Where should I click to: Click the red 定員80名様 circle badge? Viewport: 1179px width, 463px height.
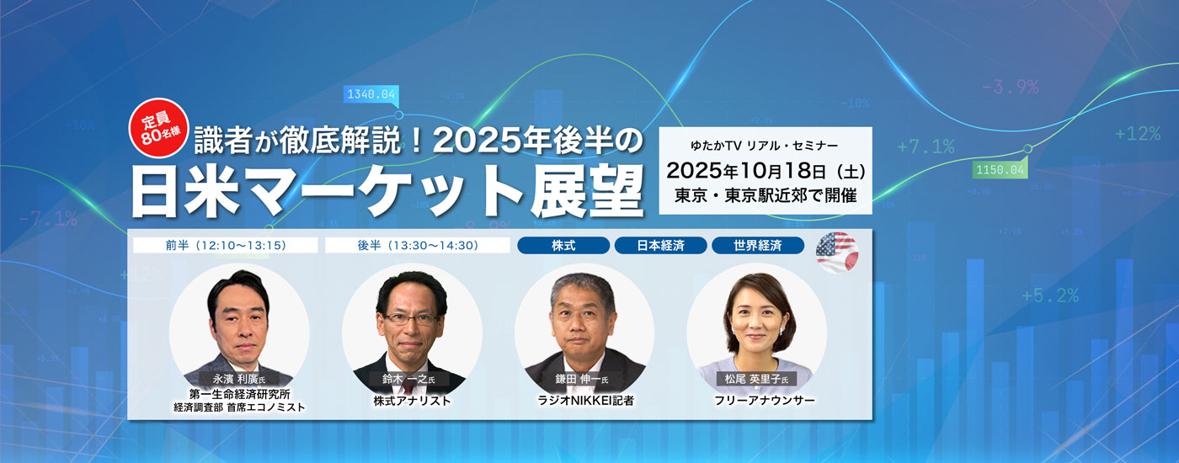158,128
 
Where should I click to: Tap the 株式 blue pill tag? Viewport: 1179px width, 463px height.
563,245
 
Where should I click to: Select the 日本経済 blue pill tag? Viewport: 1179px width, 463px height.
660,245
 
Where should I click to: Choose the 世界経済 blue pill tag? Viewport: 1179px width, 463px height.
758,245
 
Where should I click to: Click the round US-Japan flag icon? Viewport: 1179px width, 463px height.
837,252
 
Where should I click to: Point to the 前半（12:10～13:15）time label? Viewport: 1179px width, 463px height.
226,245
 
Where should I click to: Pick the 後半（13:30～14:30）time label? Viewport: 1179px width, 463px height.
418,245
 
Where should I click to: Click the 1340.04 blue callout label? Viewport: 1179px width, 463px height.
371,94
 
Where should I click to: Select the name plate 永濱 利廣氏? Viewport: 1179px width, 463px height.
239,379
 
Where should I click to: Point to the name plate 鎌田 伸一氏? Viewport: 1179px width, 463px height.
582,379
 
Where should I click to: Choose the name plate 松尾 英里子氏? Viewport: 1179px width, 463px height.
756,379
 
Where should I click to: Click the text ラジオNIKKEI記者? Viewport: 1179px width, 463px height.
585,401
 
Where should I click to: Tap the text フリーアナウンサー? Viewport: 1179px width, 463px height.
765,401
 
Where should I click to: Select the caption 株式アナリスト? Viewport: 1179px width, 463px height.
412,401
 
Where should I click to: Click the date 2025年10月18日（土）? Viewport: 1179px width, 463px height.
766,170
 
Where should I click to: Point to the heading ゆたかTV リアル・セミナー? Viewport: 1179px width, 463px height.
765,145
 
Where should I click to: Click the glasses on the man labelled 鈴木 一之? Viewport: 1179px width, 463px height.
411,318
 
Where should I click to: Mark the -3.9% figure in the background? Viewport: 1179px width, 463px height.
1010,87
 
